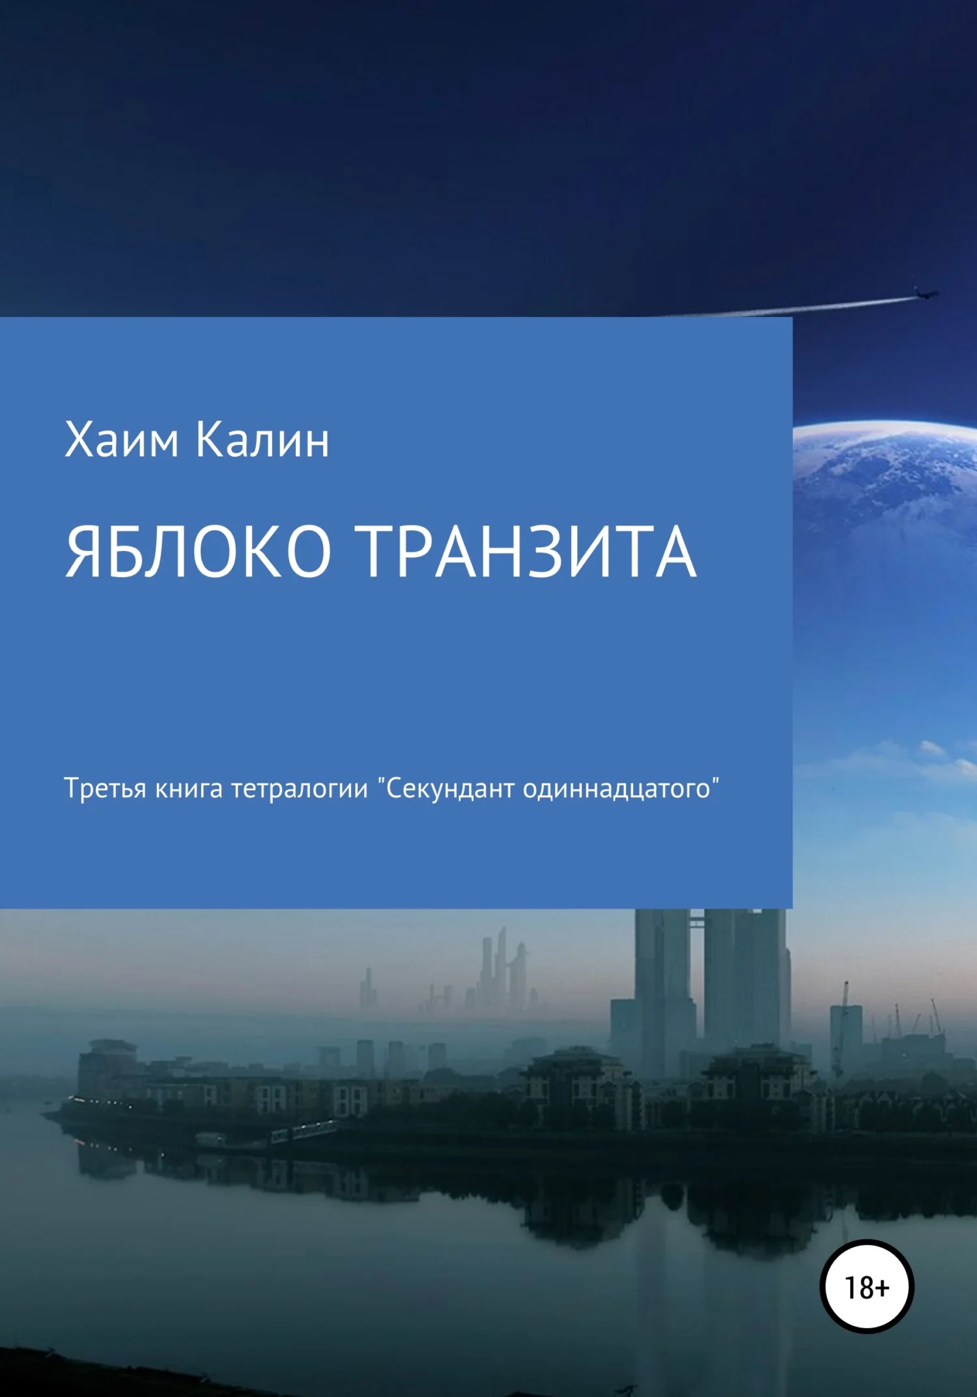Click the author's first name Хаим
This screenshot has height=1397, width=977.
[121, 441]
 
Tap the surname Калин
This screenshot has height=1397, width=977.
[262, 441]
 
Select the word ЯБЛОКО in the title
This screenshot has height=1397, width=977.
[198, 552]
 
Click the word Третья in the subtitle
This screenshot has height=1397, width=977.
[105, 789]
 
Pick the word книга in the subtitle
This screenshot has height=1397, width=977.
[189, 789]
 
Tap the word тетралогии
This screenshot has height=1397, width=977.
[300, 789]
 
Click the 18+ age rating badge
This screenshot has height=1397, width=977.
[866, 1287]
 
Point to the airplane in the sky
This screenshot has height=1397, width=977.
[925, 293]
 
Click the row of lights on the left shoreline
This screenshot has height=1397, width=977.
[98, 1102]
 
